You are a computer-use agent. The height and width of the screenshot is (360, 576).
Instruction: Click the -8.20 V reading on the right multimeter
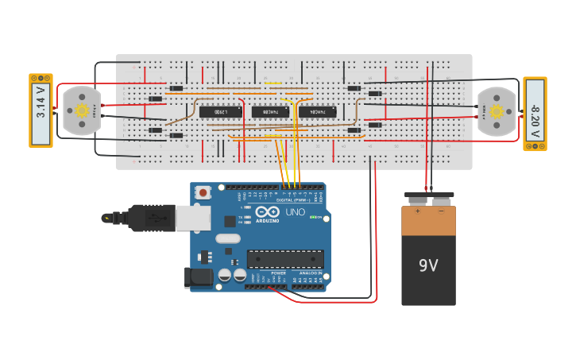tap(535, 114)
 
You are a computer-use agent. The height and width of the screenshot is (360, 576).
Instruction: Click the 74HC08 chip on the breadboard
tap(270, 111)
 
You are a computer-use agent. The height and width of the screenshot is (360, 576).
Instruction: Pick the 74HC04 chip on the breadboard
tap(318, 111)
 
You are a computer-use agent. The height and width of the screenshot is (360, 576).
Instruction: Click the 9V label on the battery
tap(428, 265)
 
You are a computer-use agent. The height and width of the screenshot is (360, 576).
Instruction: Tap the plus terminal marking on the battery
tap(416, 211)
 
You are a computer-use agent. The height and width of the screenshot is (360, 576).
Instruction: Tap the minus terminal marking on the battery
tap(441, 211)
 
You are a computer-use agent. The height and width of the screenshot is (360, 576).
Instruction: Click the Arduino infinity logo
tap(268, 212)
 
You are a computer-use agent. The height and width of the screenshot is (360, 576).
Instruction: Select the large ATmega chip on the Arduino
tap(285, 258)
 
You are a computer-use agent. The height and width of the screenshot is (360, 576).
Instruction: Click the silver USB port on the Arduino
tap(193, 218)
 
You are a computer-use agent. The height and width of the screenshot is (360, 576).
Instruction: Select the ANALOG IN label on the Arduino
tap(308, 273)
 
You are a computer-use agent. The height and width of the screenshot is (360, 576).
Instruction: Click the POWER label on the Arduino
tap(278, 273)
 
